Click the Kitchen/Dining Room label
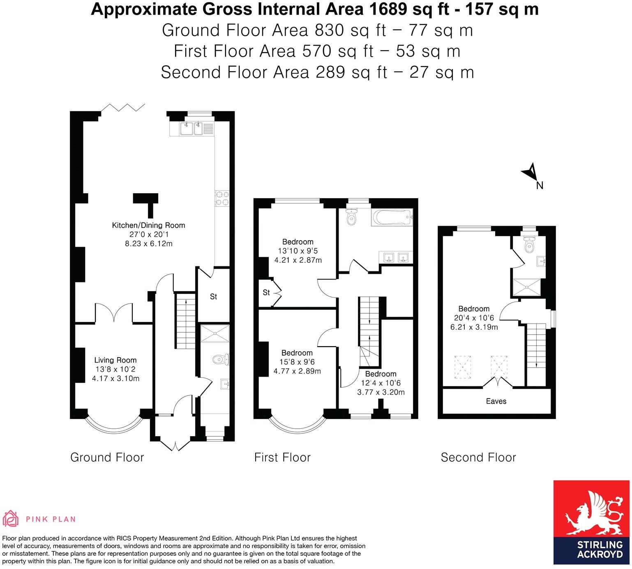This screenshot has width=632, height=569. (x=148, y=225)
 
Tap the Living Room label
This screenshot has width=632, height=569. (x=115, y=360)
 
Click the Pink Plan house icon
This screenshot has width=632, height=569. (x=11, y=519)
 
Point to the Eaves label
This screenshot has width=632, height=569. (x=496, y=401)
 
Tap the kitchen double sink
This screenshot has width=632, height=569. (x=192, y=129)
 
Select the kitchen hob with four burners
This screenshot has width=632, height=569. (x=222, y=198)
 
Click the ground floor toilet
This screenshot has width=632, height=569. (x=221, y=360)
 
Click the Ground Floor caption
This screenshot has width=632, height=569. (x=107, y=457)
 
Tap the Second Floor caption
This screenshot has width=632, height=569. (x=478, y=457)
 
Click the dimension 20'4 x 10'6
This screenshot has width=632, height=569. (x=474, y=318)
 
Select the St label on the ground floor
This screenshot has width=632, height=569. (x=213, y=296)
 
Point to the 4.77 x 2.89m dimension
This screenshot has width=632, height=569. (x=297, y=371)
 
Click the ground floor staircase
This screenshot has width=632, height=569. (x=185, y=321)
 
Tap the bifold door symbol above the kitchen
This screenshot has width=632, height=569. (x=123, y=108)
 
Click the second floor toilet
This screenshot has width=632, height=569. (x=529, y=246)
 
